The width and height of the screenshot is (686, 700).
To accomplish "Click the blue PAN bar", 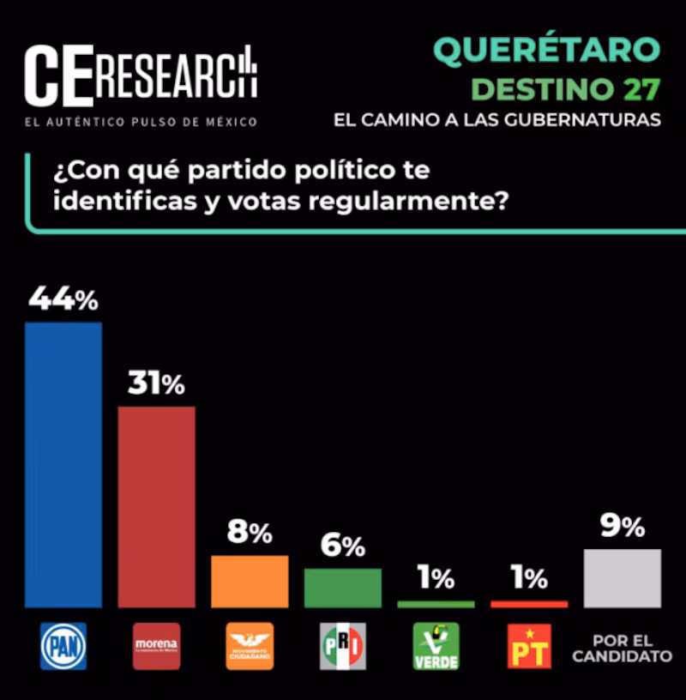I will click(x=63, y=464).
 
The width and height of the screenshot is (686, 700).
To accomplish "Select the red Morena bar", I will click(x=156, y=506).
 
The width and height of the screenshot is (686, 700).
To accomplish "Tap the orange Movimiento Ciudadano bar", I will click(x=250, y=581).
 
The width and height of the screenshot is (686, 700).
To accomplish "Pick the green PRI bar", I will click(x=342, y=588).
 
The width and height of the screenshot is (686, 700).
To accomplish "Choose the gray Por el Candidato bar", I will click(x=622, y=578).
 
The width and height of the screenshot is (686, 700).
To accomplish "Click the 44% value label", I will click(x=63, y=299).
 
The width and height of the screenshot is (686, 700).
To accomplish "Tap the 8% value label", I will click(x=250, y=533).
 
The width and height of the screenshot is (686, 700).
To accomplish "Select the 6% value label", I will click(x=343, y=546).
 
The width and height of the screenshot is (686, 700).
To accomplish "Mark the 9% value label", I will click(x=622, y=528).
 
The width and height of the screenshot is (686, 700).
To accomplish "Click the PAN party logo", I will click(x=63, y=646).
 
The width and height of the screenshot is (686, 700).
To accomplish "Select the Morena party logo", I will click(x=156, y=646).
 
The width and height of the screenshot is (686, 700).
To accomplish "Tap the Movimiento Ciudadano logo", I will click(x=250, y=646).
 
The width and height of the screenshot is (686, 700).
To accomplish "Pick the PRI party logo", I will click(x=343, y=646).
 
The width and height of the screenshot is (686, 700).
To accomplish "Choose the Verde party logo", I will click(x=436, y=646).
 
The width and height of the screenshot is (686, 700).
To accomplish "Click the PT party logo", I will click(x=529, y=646).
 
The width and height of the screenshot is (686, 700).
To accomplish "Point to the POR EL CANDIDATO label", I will click(x=622, y=649).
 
